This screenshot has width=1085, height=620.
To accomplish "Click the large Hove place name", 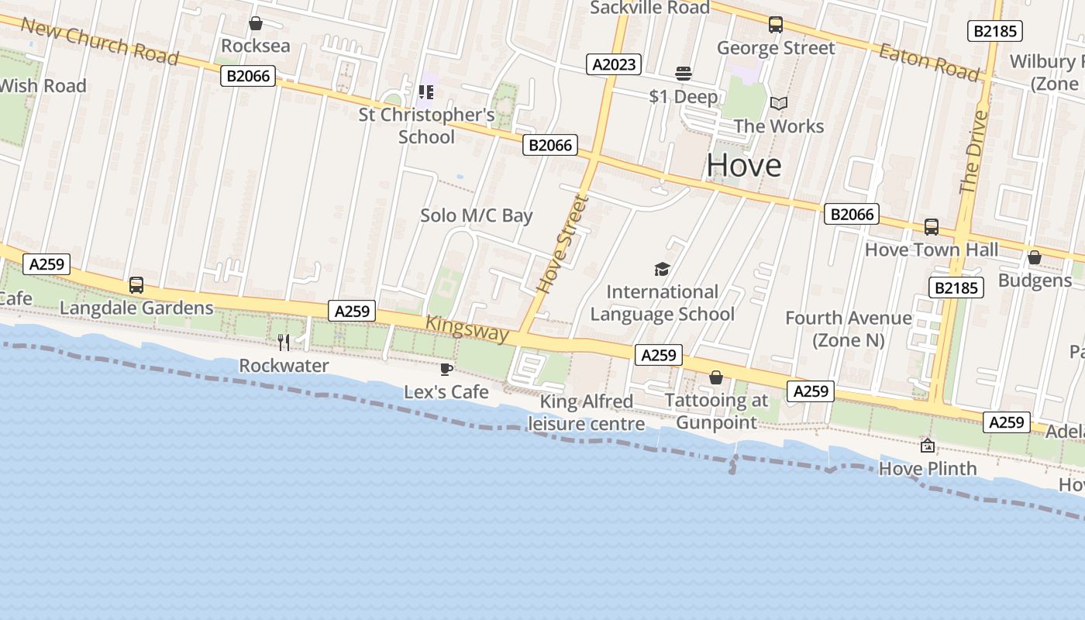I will [x=743, y=165].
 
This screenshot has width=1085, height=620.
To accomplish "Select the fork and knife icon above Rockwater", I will [x=284, y=342].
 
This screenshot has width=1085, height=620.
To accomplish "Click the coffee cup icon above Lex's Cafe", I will [x=446, y=369].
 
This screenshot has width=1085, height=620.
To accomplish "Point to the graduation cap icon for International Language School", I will [x=662, y=269].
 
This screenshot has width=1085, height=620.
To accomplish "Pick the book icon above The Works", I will [x=778, y=103].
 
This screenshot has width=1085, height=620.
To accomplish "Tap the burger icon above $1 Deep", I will [x=683, y=74].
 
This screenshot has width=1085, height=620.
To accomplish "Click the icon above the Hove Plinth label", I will [x=927, y=446].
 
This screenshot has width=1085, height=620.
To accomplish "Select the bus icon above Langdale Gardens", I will [x=136, y=285].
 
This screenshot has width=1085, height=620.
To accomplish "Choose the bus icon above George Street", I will [x=776, y=25].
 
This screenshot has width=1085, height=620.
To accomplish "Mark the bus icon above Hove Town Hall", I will [x=932, y=227].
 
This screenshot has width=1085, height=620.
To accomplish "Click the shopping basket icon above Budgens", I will [x=1034, y=257].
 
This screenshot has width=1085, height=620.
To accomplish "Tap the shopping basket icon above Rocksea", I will [x=255, y=24].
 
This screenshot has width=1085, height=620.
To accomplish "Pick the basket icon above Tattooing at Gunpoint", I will [x=716, y=377].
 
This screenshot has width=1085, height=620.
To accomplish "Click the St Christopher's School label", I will [x=426, y=126].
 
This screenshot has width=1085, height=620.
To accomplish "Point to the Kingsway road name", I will [x=468, y=329].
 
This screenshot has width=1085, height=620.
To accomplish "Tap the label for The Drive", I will [x=974, y=152].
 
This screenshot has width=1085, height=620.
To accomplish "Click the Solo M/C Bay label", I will [x=476, y=215].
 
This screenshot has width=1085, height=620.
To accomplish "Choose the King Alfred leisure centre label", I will [x=587, y=412].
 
